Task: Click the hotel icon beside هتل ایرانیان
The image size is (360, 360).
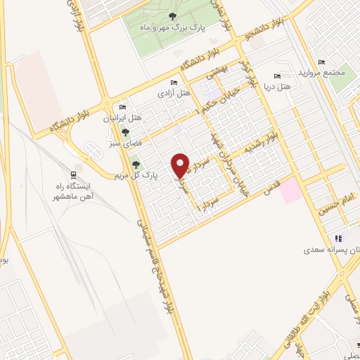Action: pos(123,107)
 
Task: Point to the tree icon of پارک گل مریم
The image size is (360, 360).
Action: pos(136,165)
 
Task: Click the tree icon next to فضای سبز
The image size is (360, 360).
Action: pos(125,131)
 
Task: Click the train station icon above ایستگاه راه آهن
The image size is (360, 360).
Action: pos(74,174)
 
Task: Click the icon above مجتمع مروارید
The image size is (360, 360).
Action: pos(322,63)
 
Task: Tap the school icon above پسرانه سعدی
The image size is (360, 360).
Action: pos(338,238)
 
